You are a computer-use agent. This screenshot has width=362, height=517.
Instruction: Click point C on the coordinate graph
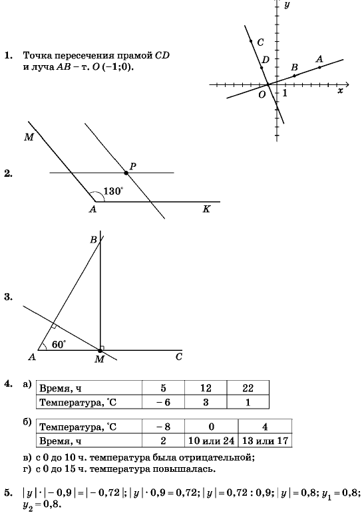251,41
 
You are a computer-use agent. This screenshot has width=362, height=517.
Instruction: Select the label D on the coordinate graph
266,60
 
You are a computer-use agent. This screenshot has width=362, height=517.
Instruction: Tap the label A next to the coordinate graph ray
319,59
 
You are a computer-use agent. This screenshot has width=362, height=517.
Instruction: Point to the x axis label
340,90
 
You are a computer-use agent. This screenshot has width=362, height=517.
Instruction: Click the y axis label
287,5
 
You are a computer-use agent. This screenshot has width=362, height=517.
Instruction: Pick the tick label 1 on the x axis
285,93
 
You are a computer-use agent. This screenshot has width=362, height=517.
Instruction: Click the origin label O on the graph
262,94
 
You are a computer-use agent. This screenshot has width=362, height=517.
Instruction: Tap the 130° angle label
113,191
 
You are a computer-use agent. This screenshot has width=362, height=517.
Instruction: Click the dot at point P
126,173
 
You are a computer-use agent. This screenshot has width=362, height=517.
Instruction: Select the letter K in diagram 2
206,209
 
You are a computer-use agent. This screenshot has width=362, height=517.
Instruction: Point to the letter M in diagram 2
29,137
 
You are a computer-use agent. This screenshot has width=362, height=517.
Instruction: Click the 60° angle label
59,345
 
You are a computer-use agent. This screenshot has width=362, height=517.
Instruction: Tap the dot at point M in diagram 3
100,350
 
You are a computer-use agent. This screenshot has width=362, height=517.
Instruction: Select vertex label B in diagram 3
93,240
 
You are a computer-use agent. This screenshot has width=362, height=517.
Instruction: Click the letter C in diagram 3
179,357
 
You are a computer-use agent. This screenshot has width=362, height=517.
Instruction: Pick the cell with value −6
163,402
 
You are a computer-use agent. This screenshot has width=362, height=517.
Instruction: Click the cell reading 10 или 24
212,441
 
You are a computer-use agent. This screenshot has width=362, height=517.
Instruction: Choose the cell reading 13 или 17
266,441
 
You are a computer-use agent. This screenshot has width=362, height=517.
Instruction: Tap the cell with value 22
248,388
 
